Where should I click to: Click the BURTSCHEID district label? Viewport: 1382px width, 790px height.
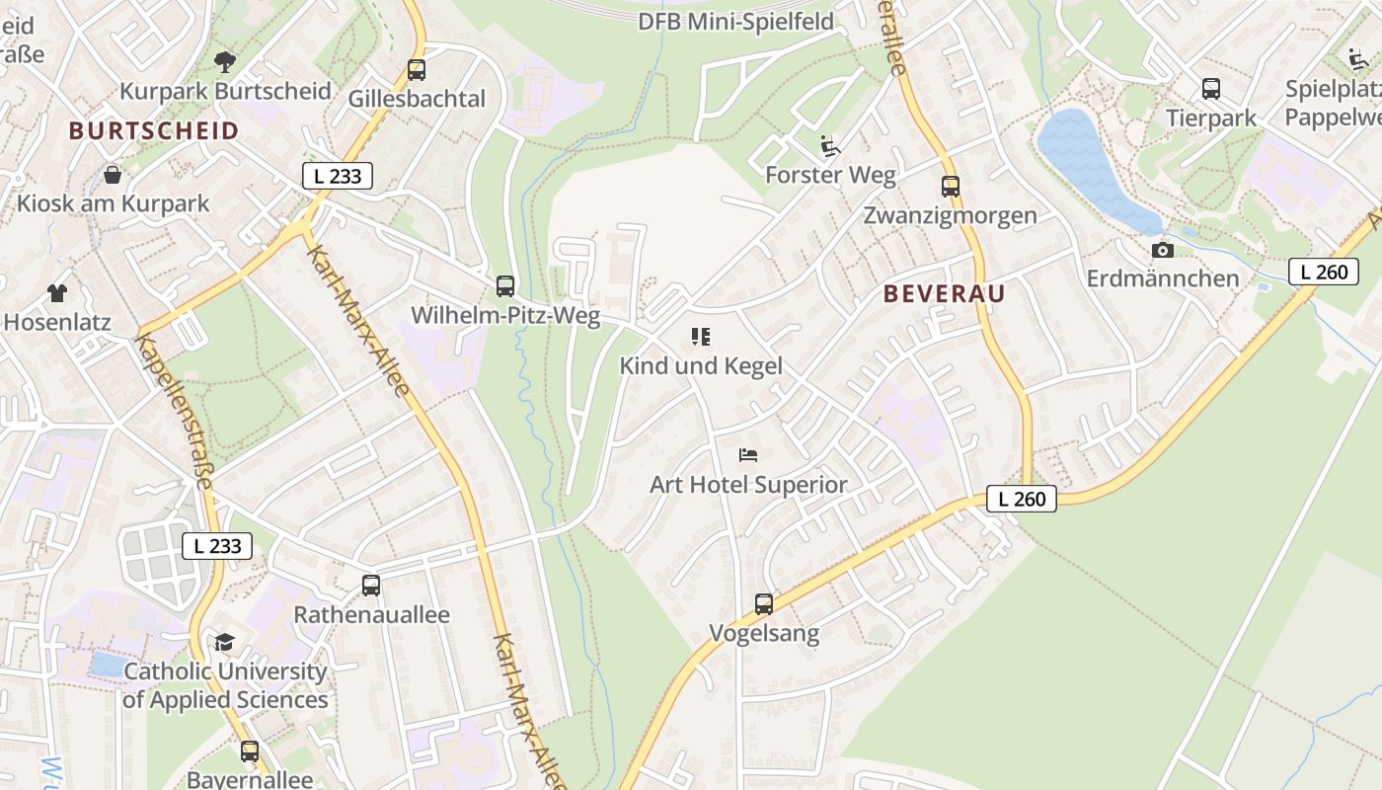154,130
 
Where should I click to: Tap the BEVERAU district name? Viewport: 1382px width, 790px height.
945,293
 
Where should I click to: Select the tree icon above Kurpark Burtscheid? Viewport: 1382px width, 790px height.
225,62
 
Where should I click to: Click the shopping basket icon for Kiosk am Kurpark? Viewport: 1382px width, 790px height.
114,175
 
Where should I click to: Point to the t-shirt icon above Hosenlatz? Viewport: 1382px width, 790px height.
57,293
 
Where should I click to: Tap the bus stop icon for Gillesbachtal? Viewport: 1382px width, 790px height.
417,70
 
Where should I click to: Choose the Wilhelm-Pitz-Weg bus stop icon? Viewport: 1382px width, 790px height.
505,286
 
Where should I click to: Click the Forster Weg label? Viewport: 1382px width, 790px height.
831,175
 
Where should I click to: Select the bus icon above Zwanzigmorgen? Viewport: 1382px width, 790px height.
951,186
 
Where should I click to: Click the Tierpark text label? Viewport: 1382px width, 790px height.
1211,118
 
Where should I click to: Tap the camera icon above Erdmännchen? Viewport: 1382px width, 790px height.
1163,250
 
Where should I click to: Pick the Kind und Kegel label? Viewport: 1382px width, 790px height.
701,365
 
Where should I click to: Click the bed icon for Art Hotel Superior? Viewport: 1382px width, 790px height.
748,455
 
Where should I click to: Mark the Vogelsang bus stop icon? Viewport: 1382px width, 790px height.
764,603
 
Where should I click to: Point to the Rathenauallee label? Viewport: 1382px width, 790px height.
371,614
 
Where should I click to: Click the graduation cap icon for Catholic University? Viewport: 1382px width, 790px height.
225,643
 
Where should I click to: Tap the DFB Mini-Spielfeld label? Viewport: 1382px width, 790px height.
735,22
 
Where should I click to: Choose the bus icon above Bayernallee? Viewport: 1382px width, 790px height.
250,750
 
